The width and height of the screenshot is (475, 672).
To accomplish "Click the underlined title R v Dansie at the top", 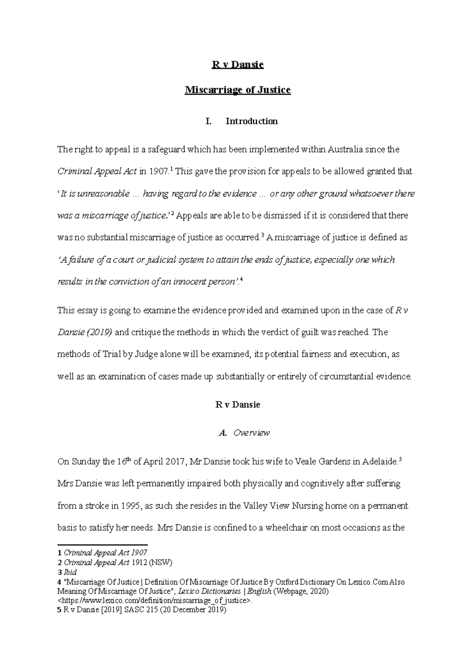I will (237, 65).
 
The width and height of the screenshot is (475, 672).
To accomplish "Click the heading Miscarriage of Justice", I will (237, 90).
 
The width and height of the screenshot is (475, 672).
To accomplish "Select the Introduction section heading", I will (251, 121).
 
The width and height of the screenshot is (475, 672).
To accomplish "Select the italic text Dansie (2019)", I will (85, 332).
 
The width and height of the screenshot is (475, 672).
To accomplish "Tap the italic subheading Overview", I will (251, 433).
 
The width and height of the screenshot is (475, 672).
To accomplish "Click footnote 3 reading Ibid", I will (70, 572).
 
